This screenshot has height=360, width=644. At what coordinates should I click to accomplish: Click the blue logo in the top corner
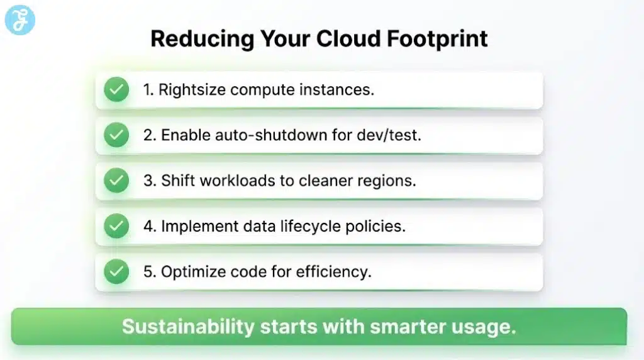pos(19,20)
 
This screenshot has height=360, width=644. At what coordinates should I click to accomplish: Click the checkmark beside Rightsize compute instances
pos(116,90)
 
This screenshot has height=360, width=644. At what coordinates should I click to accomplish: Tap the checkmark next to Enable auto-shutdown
pos(116,135)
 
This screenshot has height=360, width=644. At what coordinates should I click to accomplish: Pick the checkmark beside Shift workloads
pos(116,181)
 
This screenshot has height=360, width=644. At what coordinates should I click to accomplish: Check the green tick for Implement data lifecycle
pos(116,226)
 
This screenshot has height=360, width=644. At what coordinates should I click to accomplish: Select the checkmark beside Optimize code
pos(116,272)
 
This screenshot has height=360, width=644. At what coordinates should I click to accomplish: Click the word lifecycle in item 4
pos(325,226)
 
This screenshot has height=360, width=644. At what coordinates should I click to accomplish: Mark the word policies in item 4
pos(382,226)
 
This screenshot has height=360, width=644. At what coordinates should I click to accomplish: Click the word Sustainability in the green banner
pos(188,327)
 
